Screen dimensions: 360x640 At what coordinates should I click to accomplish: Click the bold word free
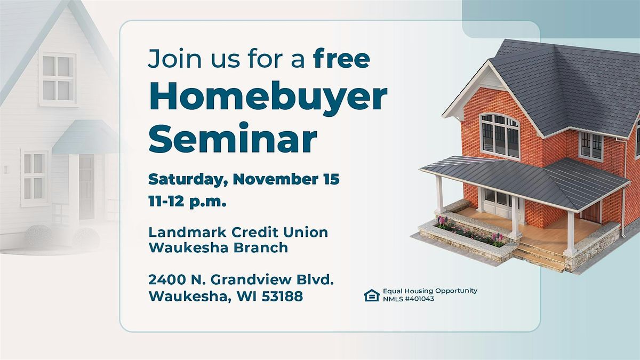click(341, 59)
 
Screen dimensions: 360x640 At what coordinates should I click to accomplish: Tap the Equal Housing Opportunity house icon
click(372, 295)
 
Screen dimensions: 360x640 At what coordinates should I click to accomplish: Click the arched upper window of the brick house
click(500, 135)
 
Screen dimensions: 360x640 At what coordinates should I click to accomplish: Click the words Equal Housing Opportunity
click(430, 291)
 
